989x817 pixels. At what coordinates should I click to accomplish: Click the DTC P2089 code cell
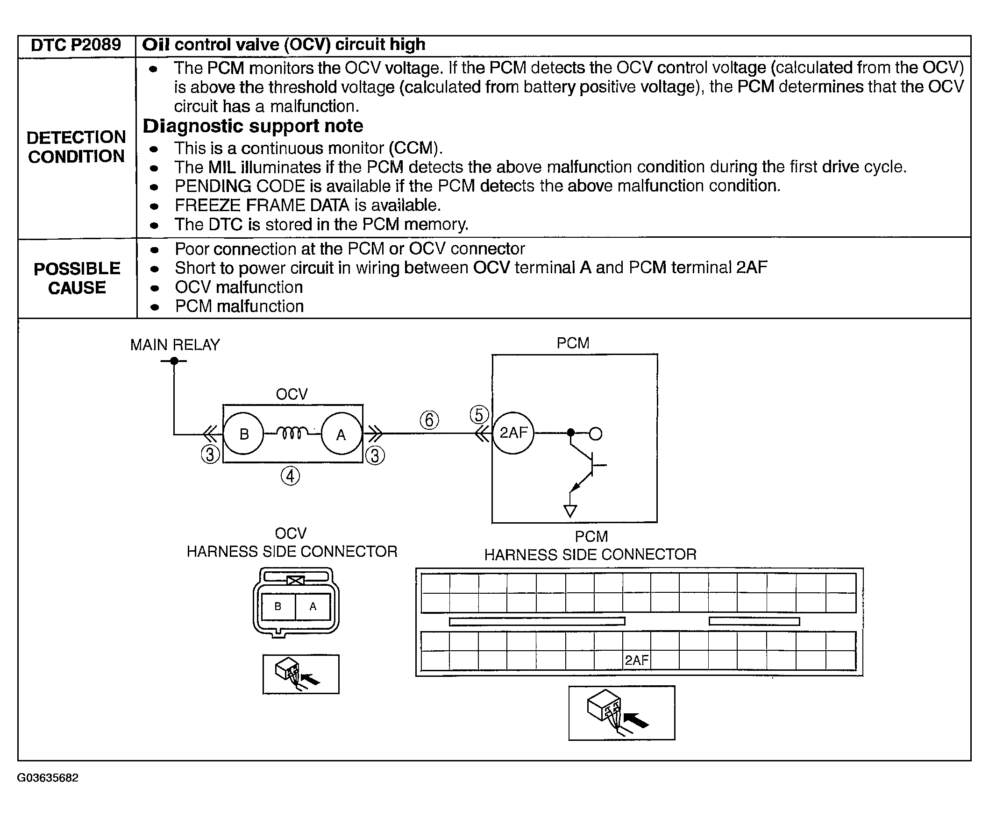76,45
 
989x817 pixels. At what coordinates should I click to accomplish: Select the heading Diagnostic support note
253,126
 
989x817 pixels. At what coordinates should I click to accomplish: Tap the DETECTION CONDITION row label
76,147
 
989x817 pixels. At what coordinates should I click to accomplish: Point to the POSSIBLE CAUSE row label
77,278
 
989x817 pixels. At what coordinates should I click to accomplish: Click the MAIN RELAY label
175,345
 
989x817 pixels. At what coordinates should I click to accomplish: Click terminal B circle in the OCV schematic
243,433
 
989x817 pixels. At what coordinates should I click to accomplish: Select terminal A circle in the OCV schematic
342,434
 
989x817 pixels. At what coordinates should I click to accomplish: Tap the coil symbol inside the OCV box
292,433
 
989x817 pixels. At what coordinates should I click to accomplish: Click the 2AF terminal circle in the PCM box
512,433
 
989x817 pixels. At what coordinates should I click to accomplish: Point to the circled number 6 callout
429,420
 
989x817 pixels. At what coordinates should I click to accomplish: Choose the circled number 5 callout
479,415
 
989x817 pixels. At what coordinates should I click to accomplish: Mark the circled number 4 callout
290,476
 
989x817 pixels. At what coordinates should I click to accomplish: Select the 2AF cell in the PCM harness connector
636,661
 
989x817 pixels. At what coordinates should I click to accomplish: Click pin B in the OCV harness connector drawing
277,607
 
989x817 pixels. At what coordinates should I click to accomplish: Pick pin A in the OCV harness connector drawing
313,607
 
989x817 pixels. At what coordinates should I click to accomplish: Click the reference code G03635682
48,778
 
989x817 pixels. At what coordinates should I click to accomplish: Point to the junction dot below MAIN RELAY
174,361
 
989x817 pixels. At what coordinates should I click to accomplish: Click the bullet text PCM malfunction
239,306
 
